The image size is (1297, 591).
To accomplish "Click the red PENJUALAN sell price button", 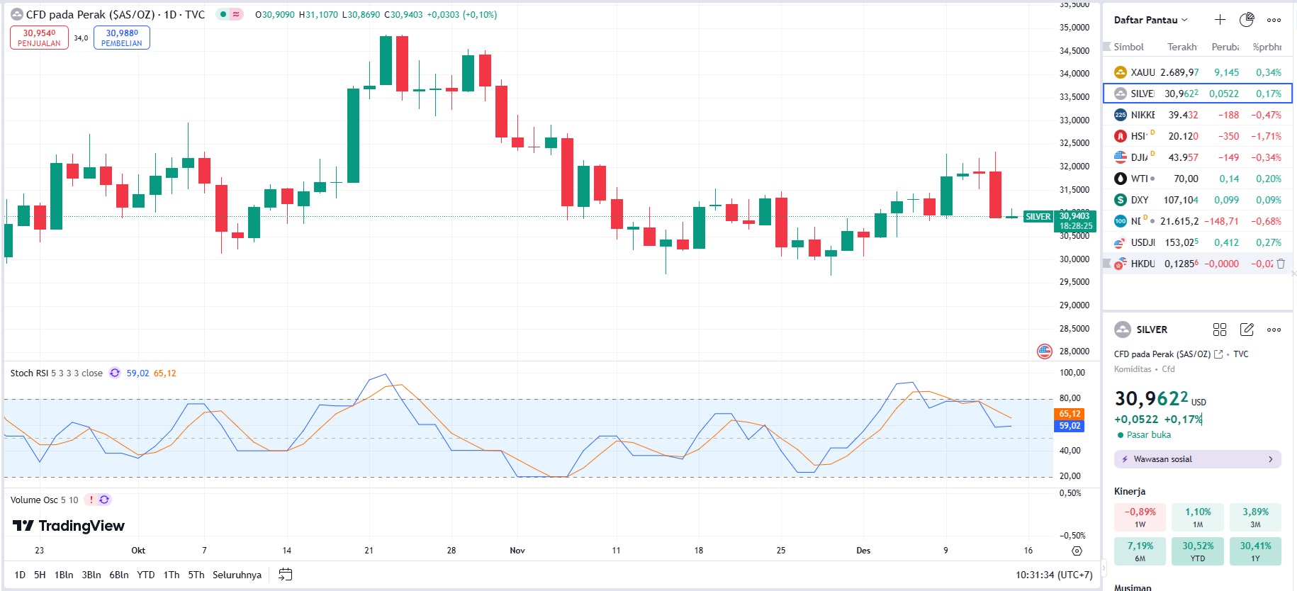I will point(39,38).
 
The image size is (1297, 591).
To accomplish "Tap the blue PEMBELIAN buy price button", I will point(122,38).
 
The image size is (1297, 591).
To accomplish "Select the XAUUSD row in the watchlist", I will point(1198,72).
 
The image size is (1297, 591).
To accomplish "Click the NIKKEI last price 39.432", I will point(1183,115).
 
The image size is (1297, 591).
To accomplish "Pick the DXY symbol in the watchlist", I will point(1139,200).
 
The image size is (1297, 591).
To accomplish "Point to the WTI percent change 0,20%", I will point(1268,179).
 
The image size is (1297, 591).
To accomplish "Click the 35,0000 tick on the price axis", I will point(1074,28).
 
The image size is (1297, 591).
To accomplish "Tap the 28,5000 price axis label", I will point(1074,329).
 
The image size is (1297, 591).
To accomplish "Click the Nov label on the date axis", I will point(517,551).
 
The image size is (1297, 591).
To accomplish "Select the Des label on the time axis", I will point(863,551).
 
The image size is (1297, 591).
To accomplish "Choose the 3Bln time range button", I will point(91,575).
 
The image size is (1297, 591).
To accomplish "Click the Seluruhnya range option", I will point(237,575).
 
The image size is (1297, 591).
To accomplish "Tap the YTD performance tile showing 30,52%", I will point(1198,551).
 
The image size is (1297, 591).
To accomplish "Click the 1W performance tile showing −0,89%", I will point(1140,517).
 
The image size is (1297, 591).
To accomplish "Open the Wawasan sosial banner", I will point(1197,459).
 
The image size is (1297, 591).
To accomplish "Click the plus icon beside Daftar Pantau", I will point(1220,20).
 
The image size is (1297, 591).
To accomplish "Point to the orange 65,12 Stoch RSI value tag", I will point(1069,414).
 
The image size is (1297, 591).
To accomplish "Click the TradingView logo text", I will point(69,526).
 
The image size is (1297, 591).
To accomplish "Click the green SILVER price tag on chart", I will point(1038,217).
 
